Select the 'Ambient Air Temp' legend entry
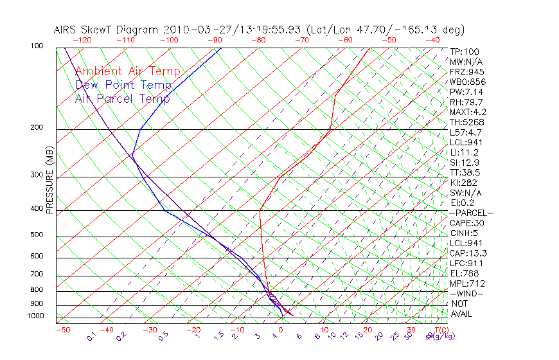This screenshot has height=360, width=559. pos(127,71)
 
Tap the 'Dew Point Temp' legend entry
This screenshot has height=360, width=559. pos(123,85)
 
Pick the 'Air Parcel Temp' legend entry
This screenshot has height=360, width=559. pos(122,98)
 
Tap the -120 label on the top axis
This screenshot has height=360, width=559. pos(81,40)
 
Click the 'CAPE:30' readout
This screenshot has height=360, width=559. pos(466,223)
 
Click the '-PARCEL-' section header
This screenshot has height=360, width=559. pos(471,213)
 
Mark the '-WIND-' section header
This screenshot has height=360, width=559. pos(466,293)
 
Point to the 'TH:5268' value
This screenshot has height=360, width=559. pos(466,122)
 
